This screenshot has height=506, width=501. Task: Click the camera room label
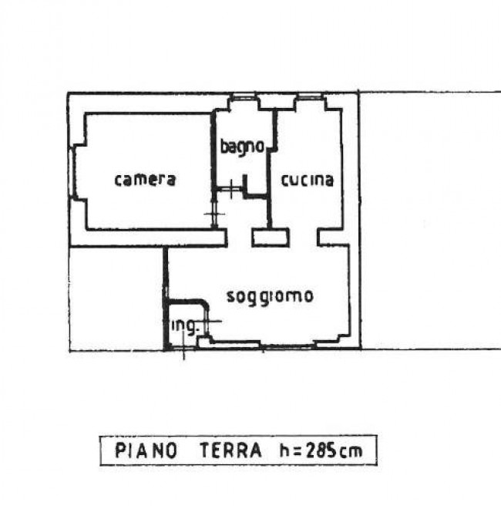coord(145,180)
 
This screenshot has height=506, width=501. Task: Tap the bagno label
coord(242,147)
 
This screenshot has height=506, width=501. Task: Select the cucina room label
coord(308,180)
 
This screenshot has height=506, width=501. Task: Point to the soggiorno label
coord(270,297)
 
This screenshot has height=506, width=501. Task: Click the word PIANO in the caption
coord(146,450)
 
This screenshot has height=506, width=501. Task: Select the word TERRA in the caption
coord(230,450)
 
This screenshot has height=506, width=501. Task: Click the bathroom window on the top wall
coord(244,96)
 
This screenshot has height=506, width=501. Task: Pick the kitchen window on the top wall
coord(309,96)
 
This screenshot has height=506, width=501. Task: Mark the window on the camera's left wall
coord(71,172)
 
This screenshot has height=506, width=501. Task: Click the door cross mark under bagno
coord(232,189)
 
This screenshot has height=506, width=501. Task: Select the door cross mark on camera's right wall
coord(214,214)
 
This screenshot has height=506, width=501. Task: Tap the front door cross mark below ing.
coord(183,348)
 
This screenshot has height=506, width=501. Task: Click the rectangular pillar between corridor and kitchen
coord(271,238)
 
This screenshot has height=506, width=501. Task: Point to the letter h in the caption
coord(284,450)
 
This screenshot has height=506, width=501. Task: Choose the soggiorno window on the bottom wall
coord(287,346)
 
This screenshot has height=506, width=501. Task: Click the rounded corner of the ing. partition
coord(204,304)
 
